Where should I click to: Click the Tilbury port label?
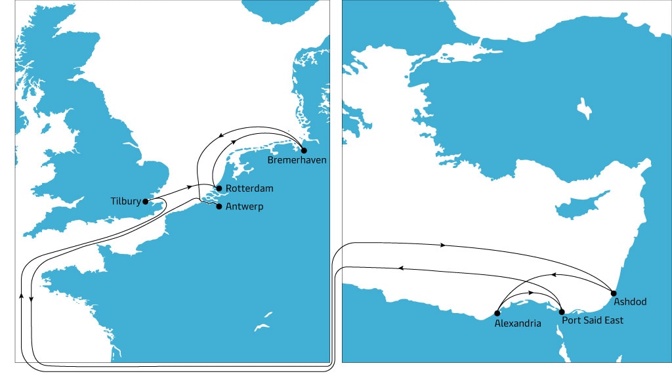(x=125, y=201)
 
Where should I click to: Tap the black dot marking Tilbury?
(x=146, y=201)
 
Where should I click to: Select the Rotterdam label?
(x=249, y=188)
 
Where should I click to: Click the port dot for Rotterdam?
(x=219, y=188)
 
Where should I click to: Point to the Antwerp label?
(x=245, y=206)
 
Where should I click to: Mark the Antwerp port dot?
(x=219, y=206)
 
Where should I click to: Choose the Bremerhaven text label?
(x=297, y=160)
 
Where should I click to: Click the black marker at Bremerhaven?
(x=303, y=150)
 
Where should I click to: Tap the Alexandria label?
(x=518, y=324)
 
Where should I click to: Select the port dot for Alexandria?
(x=497, y=312)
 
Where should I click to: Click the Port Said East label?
(x=593, y=320)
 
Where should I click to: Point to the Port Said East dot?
(x=561, y=312)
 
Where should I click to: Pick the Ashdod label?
(x=631, y=302)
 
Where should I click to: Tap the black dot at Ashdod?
(x=614, y=293)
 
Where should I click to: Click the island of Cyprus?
(x=577, y=209)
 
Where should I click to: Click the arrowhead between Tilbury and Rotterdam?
(x=190, y=187)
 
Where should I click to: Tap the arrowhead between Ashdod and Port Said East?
(x=553, y=274)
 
